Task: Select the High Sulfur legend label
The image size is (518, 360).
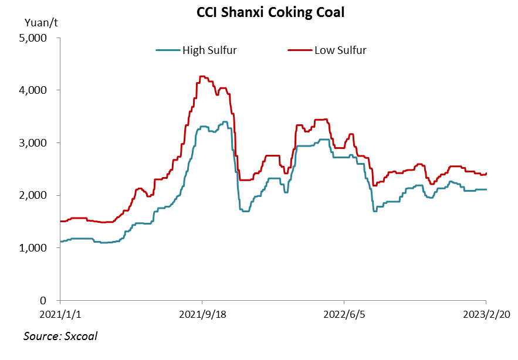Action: tap(209, 50)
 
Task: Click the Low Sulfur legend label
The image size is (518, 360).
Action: tap(340, 50)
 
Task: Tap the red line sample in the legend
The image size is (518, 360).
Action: tap(299, 50)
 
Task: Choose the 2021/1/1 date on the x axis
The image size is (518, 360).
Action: tap(61, 314)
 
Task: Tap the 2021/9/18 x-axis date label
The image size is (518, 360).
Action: tap(202, 314)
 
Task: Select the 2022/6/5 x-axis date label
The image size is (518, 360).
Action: tap(344, 314)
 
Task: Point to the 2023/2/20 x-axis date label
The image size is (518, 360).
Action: tap(486, 314)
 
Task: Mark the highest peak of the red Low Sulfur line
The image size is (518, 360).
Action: tap(203, 76)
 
